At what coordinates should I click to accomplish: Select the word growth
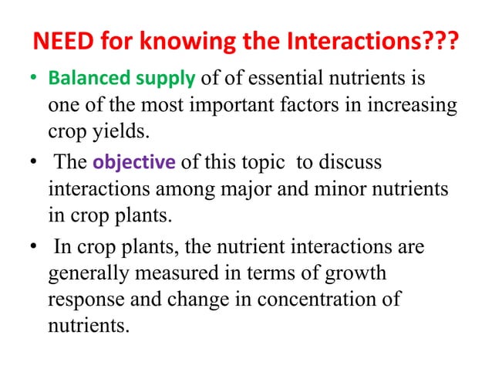point(356,274)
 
